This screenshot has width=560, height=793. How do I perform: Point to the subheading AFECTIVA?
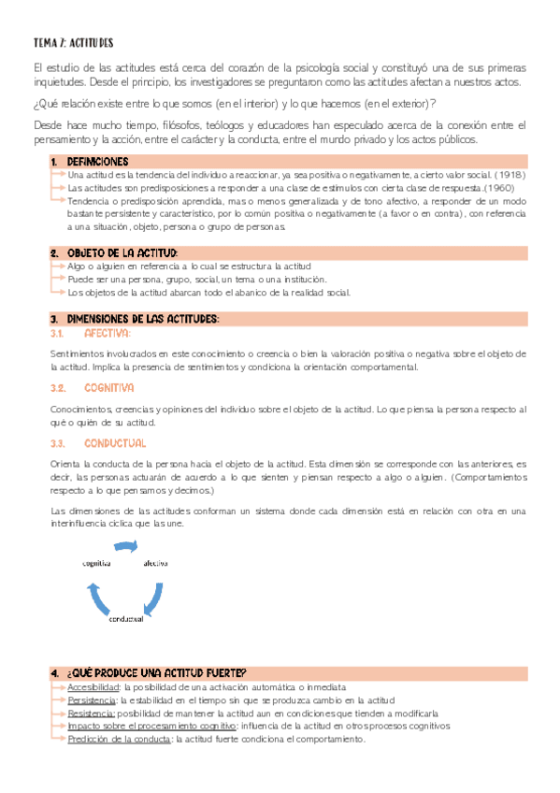(108, 332)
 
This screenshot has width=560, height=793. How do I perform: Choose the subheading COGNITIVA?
(109, 386)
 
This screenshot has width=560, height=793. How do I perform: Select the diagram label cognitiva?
(97, 564)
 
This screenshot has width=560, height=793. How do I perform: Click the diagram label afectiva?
(155, 564)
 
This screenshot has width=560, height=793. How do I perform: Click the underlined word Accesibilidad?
(93, 686)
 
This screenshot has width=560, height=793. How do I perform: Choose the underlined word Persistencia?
(92, 699)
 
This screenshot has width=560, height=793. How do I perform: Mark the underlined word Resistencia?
(91, 713)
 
